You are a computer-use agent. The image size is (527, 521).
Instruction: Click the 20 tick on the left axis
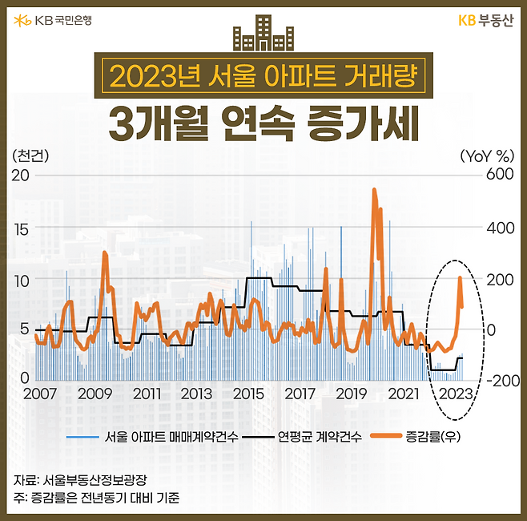(21, 175)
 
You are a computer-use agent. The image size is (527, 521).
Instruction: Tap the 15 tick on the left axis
(21, 228)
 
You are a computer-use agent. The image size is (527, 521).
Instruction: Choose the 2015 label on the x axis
(249, 394)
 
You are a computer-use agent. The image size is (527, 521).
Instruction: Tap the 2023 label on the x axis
(456, 394)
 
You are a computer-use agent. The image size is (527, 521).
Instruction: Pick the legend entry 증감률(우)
(432, 437)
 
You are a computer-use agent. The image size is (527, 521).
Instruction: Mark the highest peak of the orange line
(374, 190)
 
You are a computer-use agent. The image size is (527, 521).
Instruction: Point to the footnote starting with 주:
(96, 498)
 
